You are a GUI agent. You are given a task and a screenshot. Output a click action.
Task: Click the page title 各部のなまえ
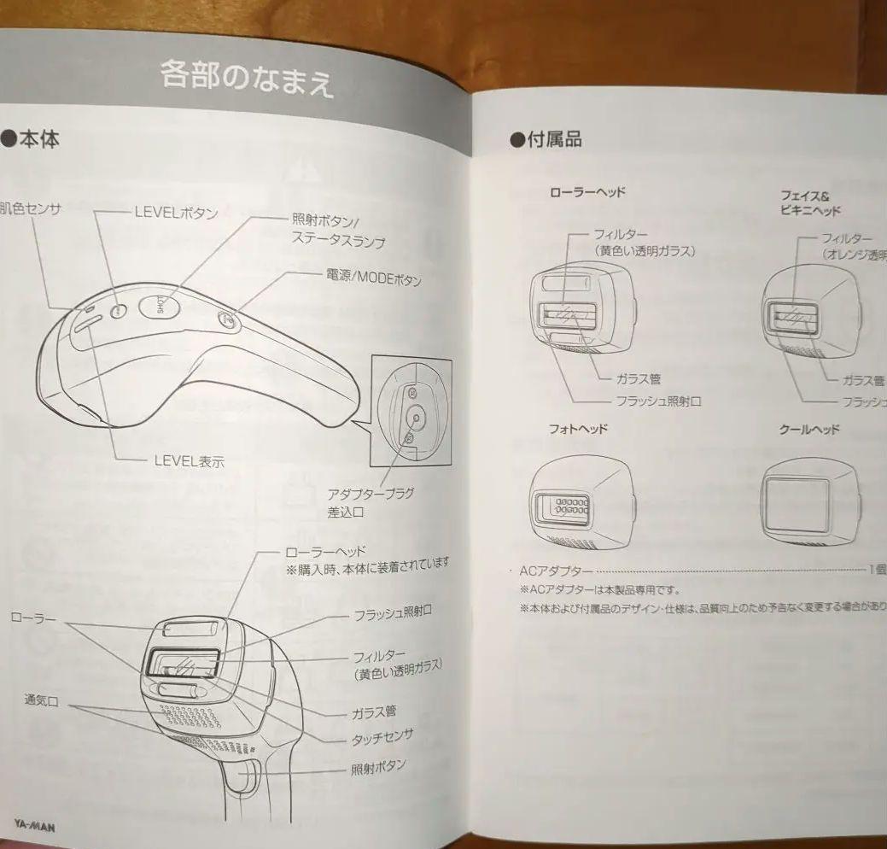pyautogui.click(x=247, y=78)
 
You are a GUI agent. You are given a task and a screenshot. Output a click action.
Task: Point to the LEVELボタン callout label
pyautogui.click(x=175, y=213)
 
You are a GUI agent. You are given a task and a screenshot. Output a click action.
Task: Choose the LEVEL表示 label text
pyautogui.click(x=189, y=460)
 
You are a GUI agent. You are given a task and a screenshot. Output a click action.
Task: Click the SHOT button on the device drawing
pyautogui.click(x=162, y=304)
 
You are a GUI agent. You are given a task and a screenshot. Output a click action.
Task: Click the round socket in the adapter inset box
pyautogui.click(x=416, y=416)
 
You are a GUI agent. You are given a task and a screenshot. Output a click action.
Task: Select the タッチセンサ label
pyautogui.click(x=382, y=735)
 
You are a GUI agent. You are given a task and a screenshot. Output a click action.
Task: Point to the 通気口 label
pyautogui.click(x=41, y=700)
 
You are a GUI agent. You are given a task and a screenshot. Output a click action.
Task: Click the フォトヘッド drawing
pyautogui.click(x=581, y=505)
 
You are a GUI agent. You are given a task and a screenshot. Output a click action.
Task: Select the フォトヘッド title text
pyautogui.click(x=578, y=429)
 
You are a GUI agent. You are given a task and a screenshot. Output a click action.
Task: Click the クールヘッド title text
pyautogui.click(x=809, y=430)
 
